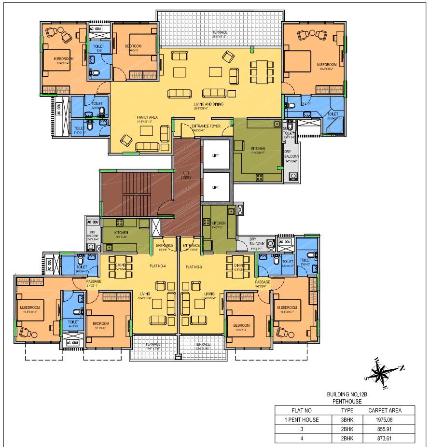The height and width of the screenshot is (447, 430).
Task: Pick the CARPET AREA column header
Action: coord(385,410)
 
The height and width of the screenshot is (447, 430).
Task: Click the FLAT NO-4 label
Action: coord(158,266)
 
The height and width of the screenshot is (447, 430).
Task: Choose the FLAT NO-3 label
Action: coord(195,266)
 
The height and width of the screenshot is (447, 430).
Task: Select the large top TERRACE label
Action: coord(220,33)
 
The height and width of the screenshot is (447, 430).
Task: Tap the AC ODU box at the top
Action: coord(96,29)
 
